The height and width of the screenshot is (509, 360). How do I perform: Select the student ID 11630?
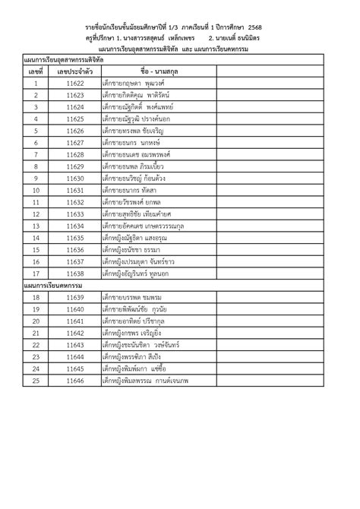pos(74,178)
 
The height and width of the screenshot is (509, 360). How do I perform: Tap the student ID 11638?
pos(74,273)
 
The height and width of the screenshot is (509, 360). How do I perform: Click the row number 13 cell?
pos(36,213)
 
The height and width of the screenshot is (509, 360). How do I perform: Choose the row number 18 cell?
pos(36,297)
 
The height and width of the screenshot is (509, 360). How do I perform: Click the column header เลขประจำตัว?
pos(74,70)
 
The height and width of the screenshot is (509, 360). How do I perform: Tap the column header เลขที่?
pos(36,70)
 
